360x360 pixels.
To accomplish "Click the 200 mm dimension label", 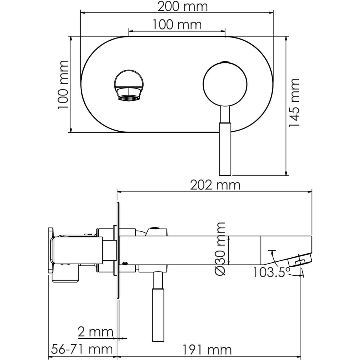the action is click(x=183, y=6).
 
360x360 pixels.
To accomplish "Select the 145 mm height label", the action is click(x=294, y=102).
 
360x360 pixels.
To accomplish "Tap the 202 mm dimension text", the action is click(x=215, y=185).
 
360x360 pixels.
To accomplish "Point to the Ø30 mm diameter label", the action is click(x=220, y=249).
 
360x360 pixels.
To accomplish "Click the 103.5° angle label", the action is click(x=271, y=272).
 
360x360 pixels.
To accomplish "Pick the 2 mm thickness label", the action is click(x=95, y=332).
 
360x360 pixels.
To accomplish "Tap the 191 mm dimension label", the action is click(x=207, y=350).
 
